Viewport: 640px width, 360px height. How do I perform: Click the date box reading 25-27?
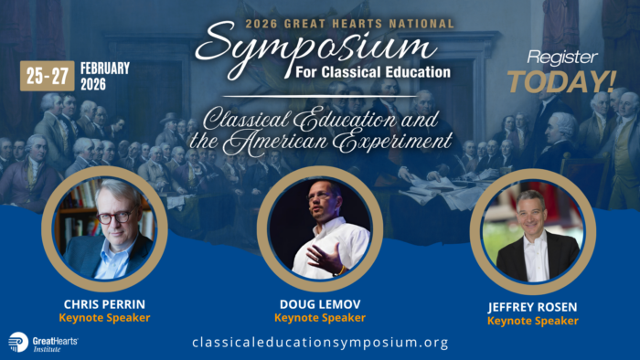[x=48, y=76]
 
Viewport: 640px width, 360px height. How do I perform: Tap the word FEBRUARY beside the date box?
[x=105, y=68]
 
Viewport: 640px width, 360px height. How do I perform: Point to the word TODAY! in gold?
[x=561, y=82]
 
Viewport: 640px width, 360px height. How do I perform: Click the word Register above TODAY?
[x=560, y=56]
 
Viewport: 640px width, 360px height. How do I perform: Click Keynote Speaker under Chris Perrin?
[x=103, y=318]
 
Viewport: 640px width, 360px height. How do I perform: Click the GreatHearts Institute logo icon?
[x=17, y=342]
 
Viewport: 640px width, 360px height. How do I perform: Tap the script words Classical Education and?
[x=316, y=119]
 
